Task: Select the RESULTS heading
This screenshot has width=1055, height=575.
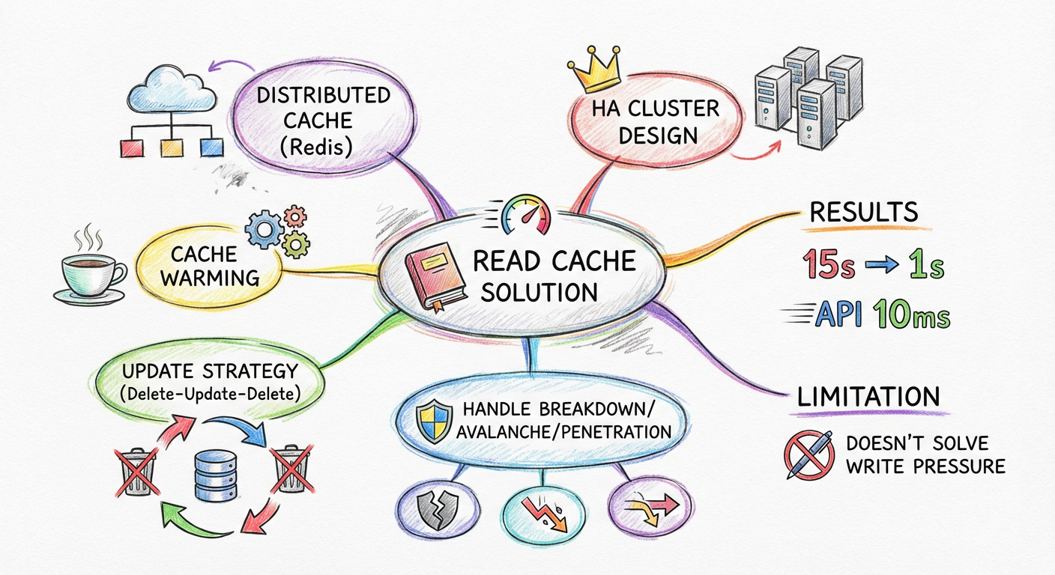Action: (864, 212)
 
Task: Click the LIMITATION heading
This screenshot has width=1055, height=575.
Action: (869, 396)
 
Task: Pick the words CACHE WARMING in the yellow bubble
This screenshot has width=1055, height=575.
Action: (210, 266)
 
